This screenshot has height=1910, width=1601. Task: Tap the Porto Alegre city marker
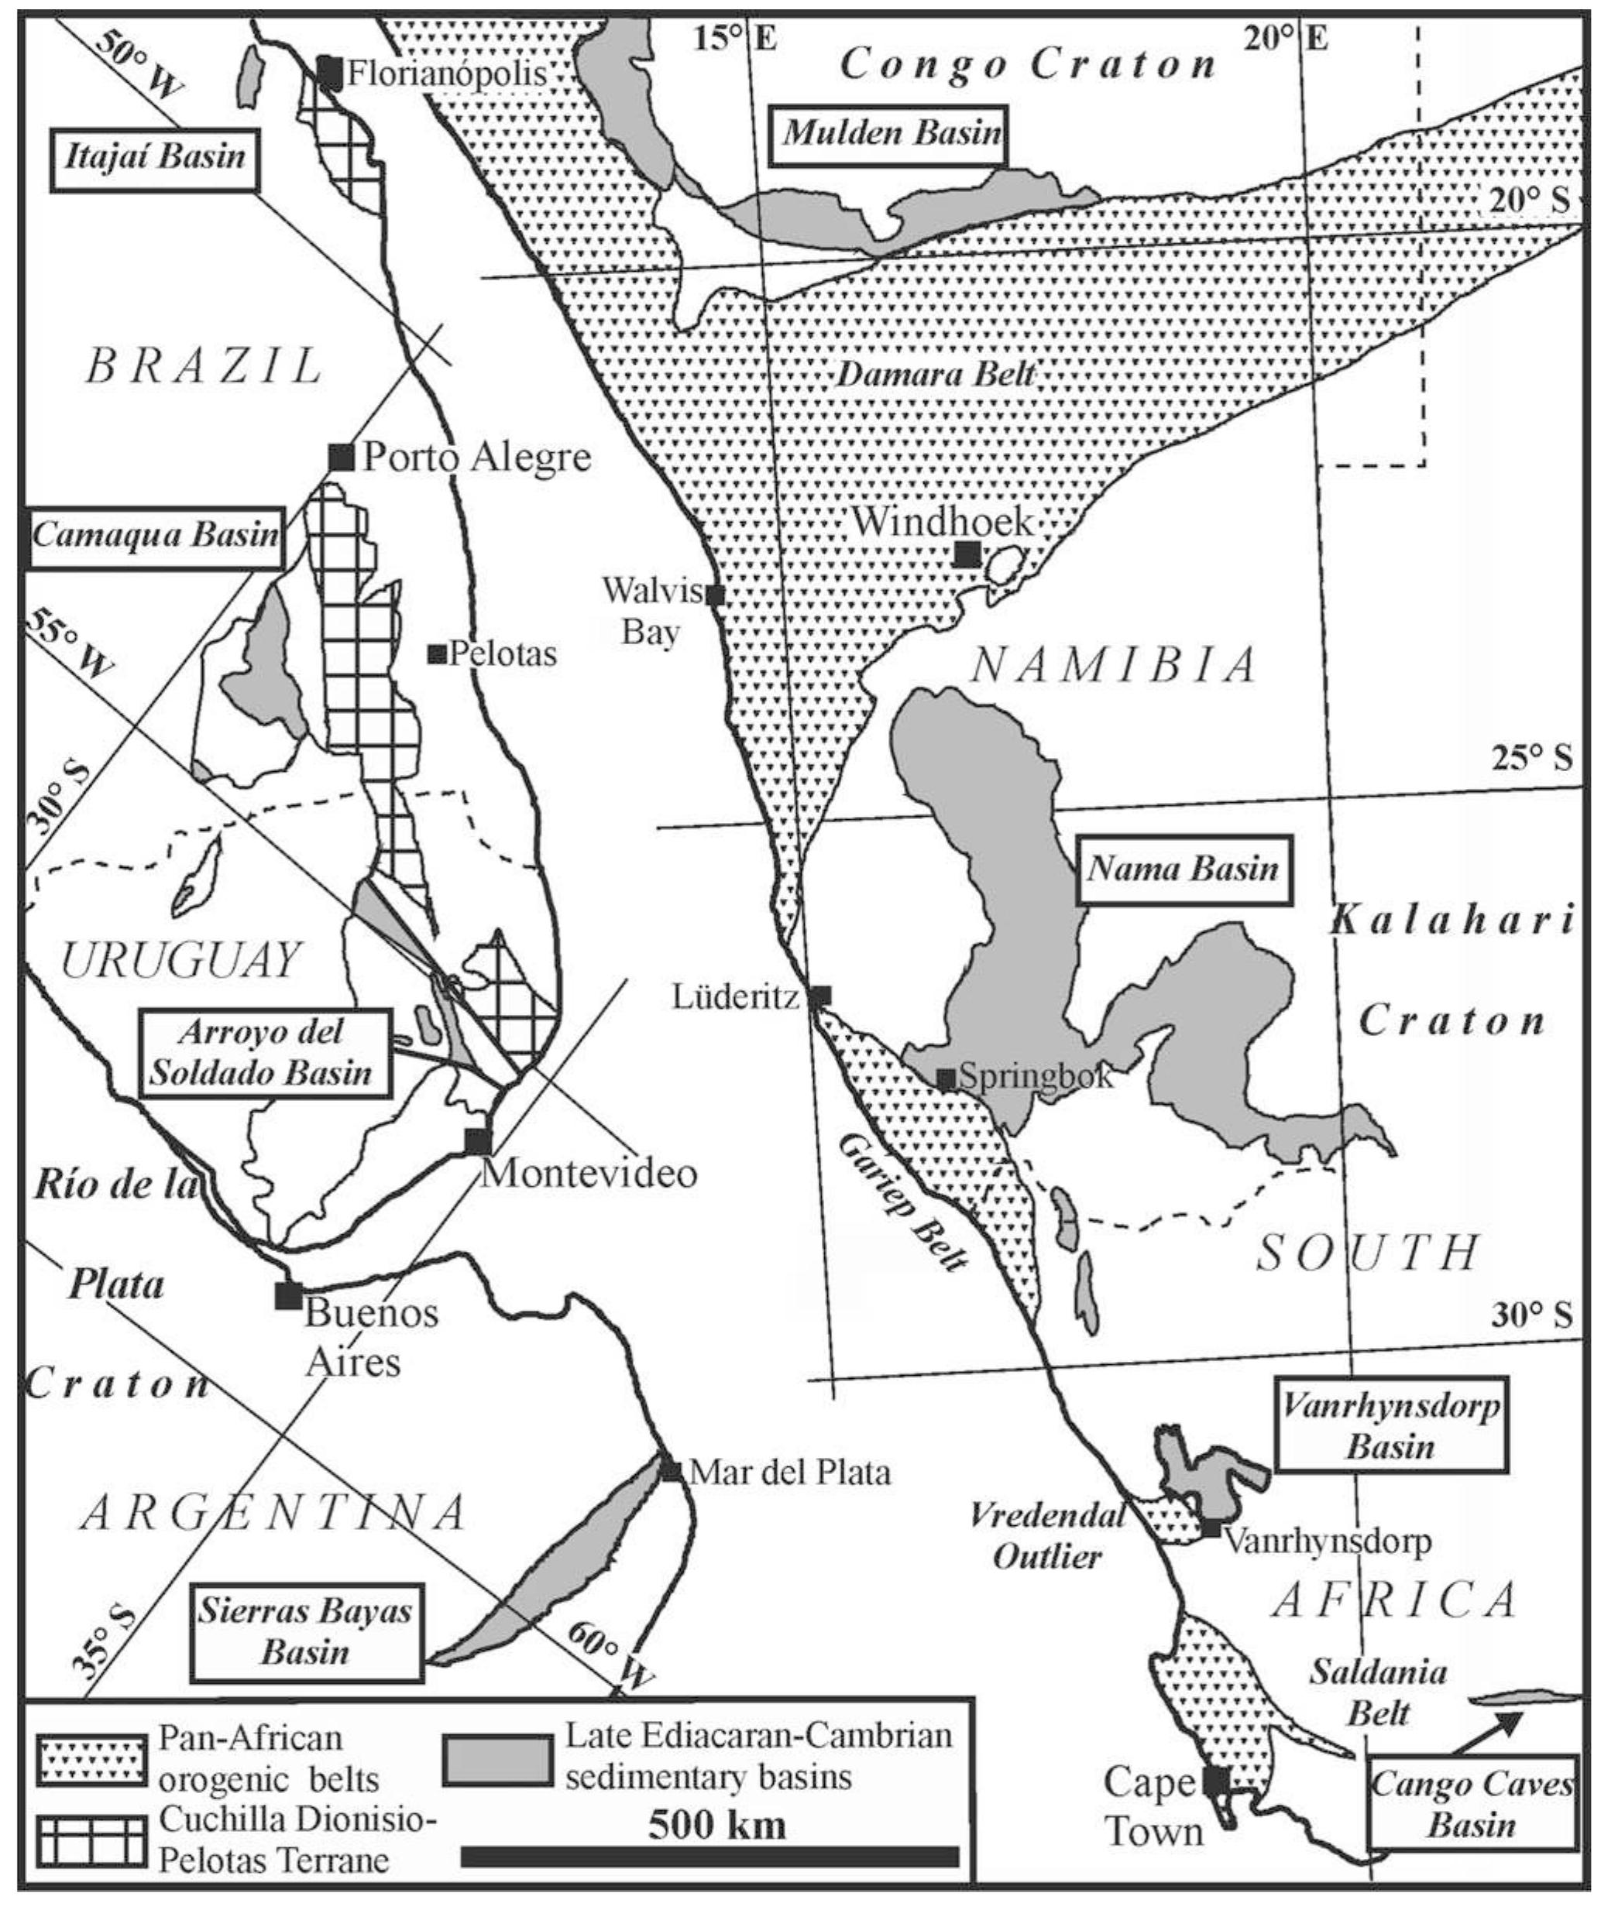(x=341, y=457)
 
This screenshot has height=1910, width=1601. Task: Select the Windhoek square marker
(x=967, y=553)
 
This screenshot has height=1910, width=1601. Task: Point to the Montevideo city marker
(x=478, y=1140)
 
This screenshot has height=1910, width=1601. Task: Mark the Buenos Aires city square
(x=288, y=1294)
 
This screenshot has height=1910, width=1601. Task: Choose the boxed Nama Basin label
(x=1184, y=869)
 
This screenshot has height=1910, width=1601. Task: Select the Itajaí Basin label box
(x=156, y=157)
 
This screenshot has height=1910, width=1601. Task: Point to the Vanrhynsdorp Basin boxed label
(x=1390, y=1428)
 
